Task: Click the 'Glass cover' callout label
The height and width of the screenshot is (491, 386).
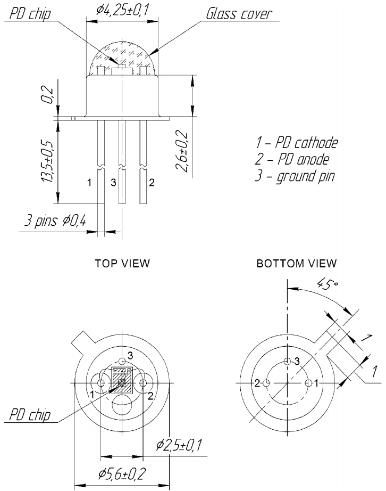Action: pyautogui.click(x=239, y=13)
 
